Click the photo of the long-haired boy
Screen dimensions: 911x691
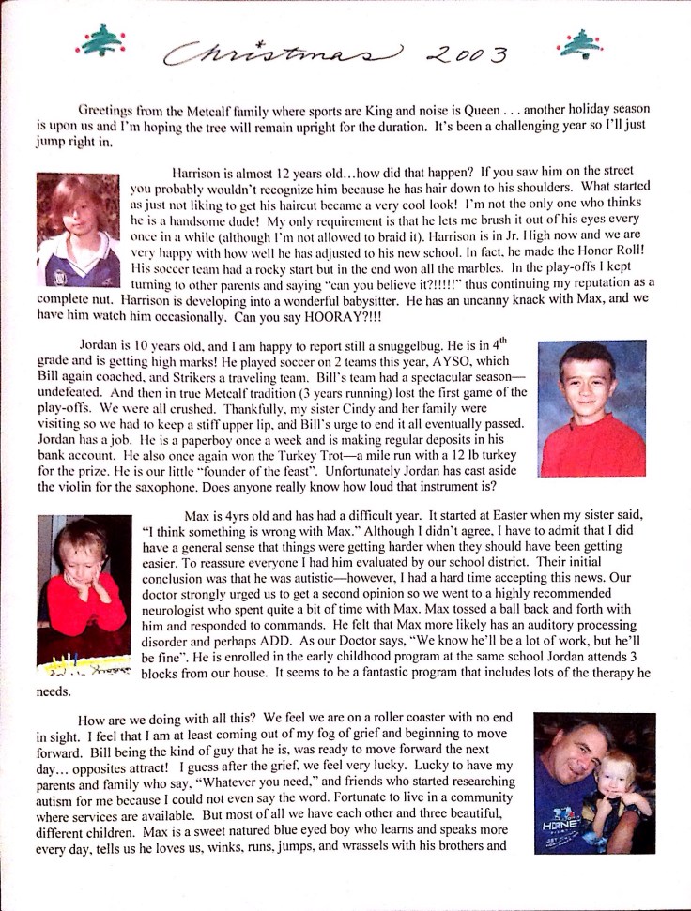point(78,231)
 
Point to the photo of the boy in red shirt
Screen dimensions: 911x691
point(591,408)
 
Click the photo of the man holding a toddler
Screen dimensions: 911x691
point(593,782)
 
